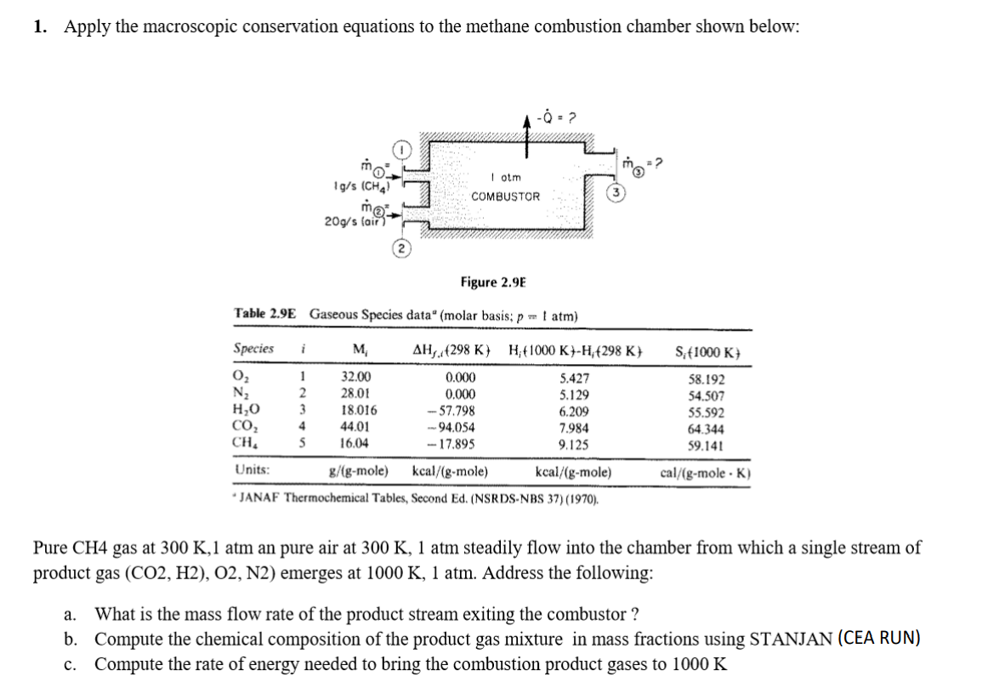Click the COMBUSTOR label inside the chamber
[x=506, y=196]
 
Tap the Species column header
[x=253, y=349]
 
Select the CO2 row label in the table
[x=245, y=428]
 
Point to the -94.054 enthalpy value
[x=451, y=428]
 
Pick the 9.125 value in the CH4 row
[x=575, y=444]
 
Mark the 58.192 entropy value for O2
[x=705, y=380]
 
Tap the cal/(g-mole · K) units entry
[x=705, y=471]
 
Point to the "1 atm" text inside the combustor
[x=506, y=177]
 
